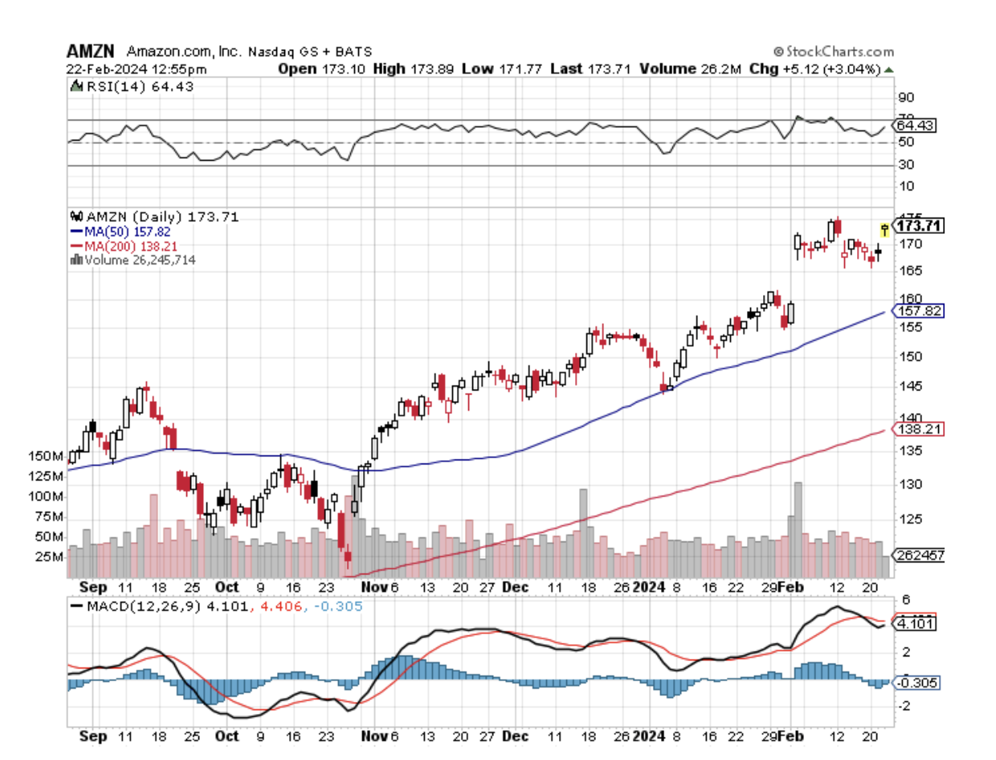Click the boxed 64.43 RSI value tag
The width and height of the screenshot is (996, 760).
[916, 125]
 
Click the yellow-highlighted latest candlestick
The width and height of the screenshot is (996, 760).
[885, 230]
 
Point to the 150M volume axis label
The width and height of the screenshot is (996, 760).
[45, 456]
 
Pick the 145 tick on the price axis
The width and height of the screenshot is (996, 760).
[907, 386]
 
